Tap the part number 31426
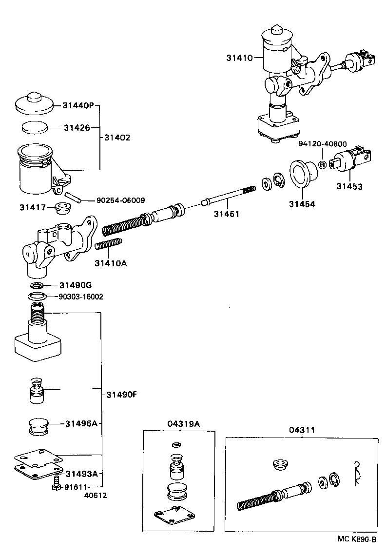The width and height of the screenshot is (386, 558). [x=77, y=128]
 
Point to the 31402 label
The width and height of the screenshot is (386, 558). [x=117, y=138]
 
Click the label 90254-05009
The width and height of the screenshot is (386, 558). [x=120, y=200]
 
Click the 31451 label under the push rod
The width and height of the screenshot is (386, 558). [x=226, y=214]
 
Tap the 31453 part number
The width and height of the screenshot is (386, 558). [x=349, y=187]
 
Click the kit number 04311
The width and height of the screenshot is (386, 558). [x=301, y=430]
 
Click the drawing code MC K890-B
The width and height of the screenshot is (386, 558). [x=357, y=539]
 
